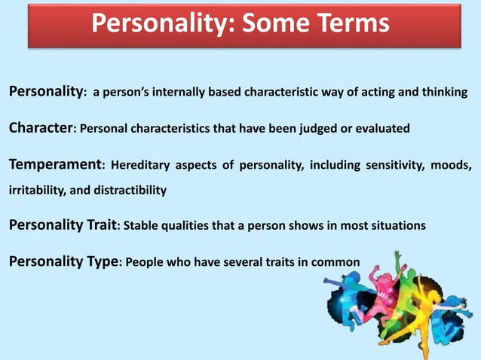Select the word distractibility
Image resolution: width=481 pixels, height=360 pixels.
click(130, 191)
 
